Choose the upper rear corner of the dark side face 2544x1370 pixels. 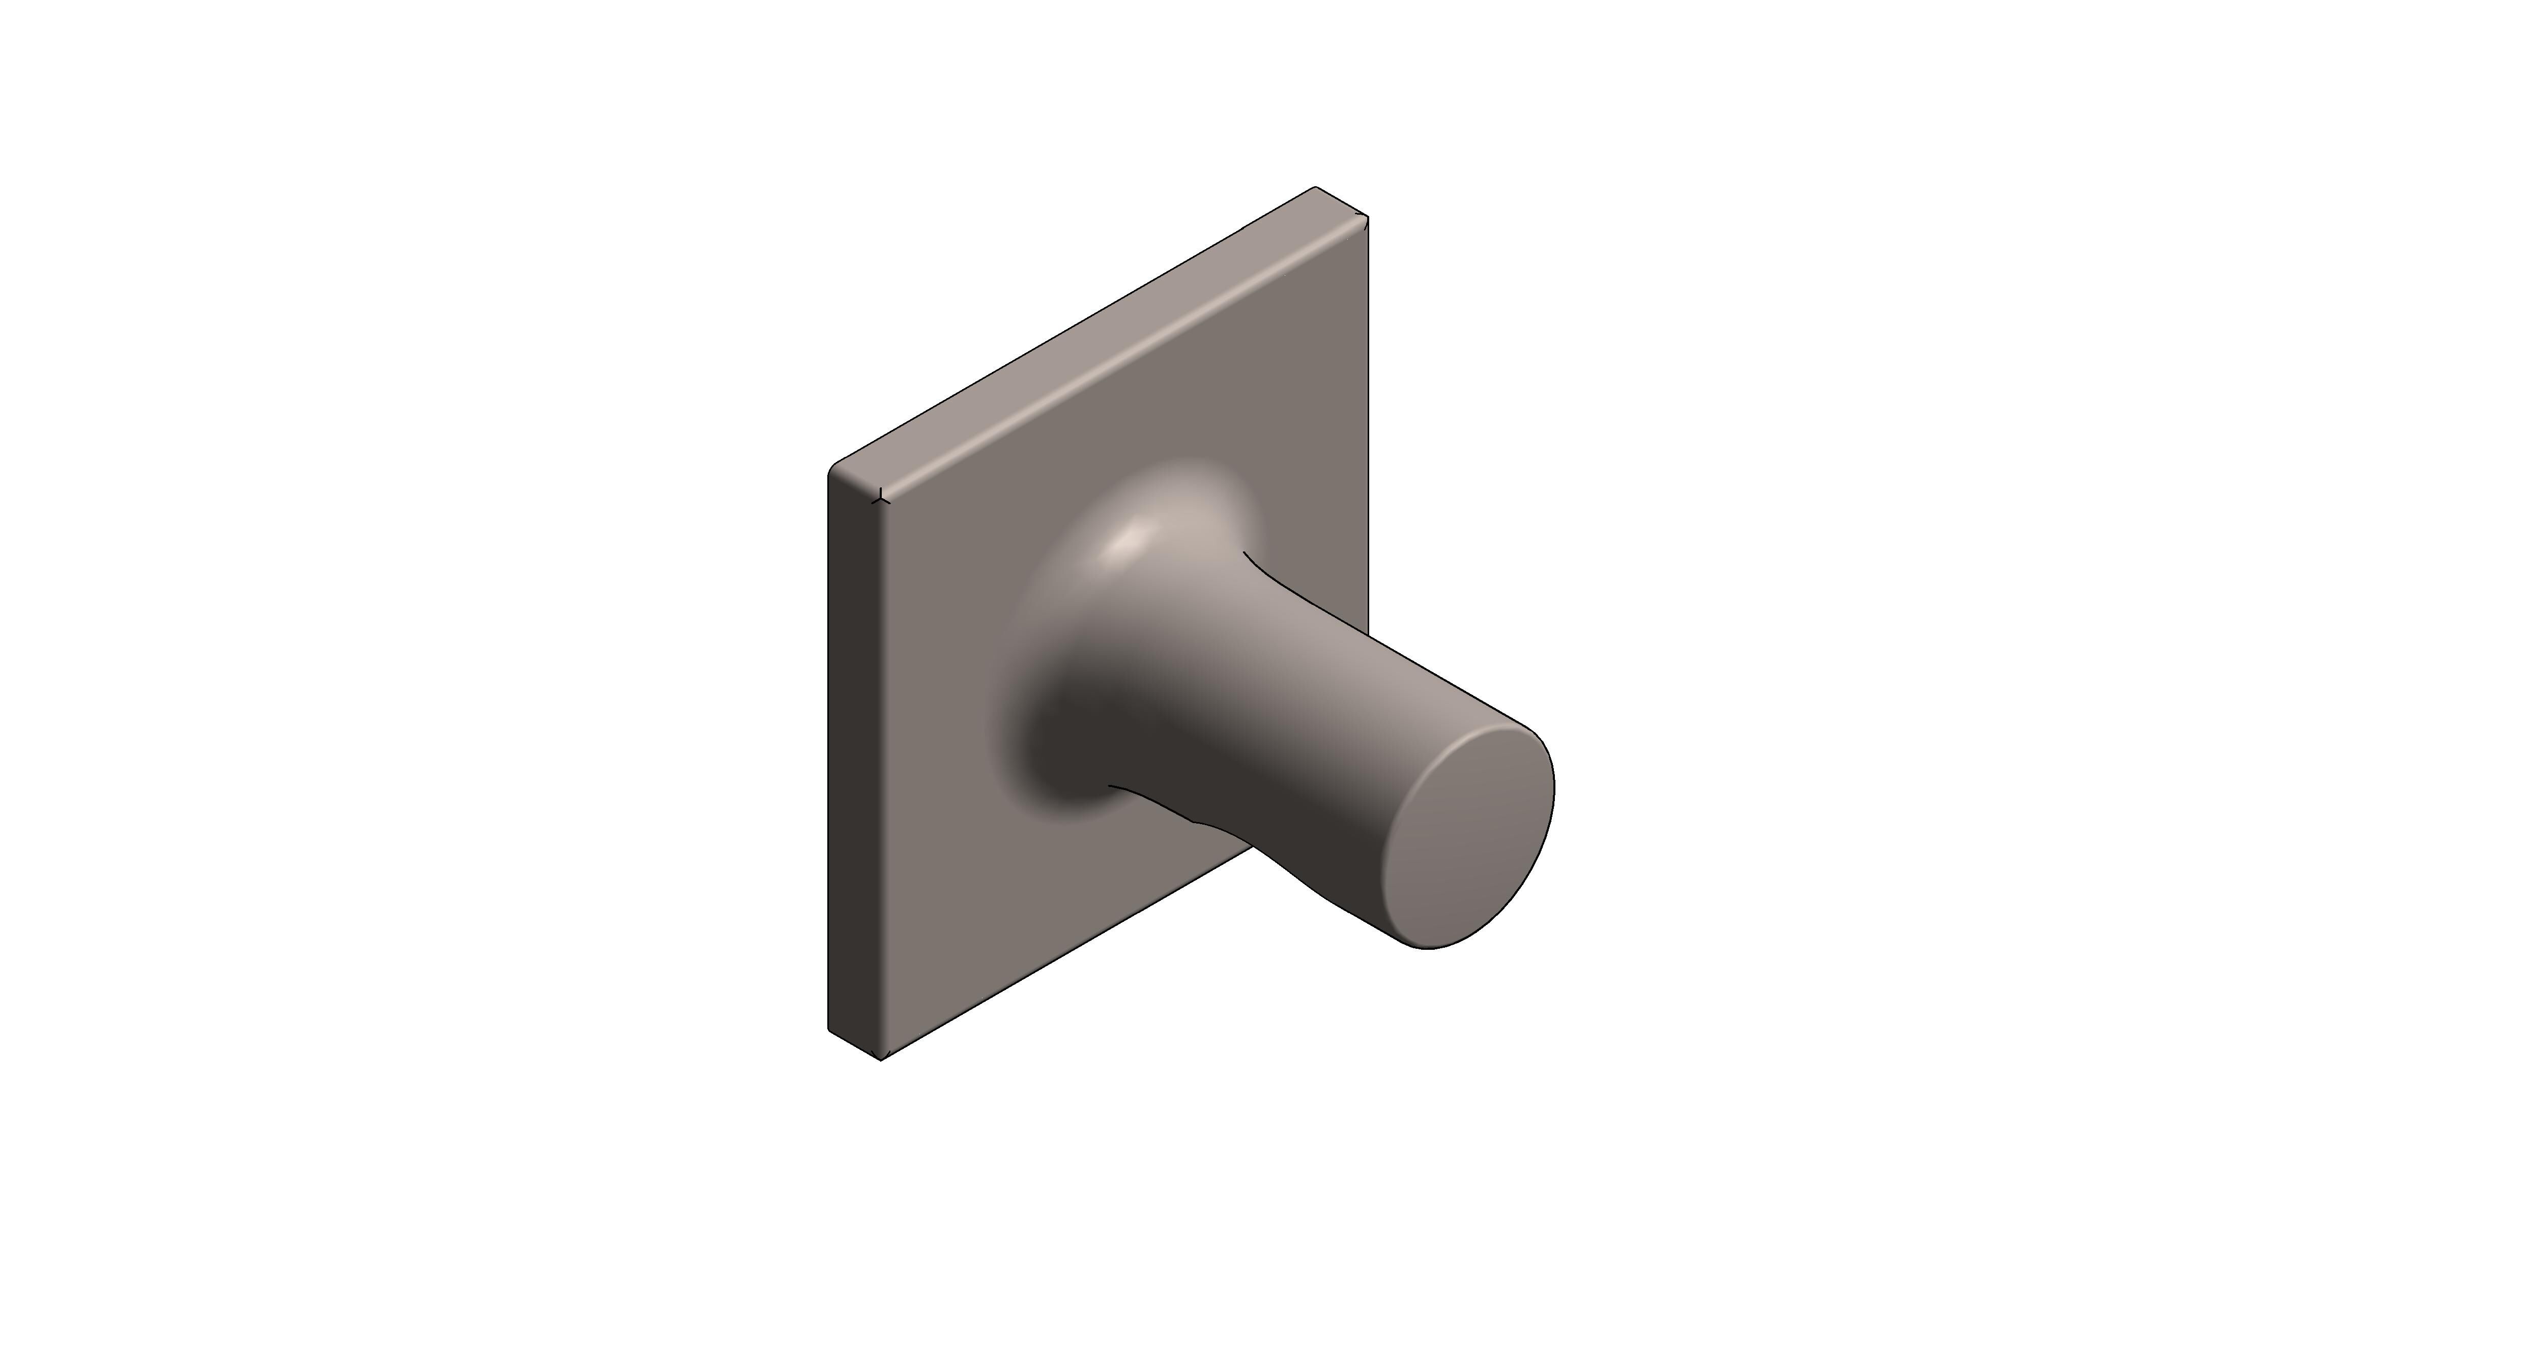(x=829, y=472)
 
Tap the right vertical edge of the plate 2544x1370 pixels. (x=1368, y=415)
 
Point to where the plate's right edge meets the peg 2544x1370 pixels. (x=1368, y=632)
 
